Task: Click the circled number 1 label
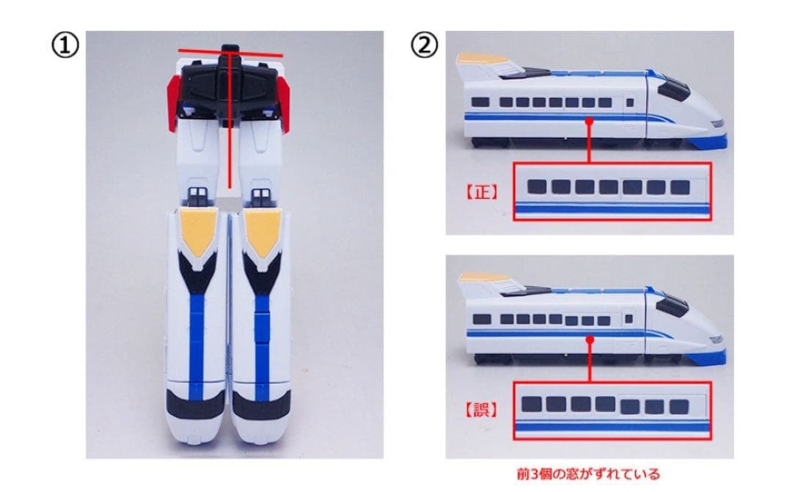point(63,46)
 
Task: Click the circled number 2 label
point(423,46)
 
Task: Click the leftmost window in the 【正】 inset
point(538,187)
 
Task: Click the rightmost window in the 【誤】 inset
point(679,406)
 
